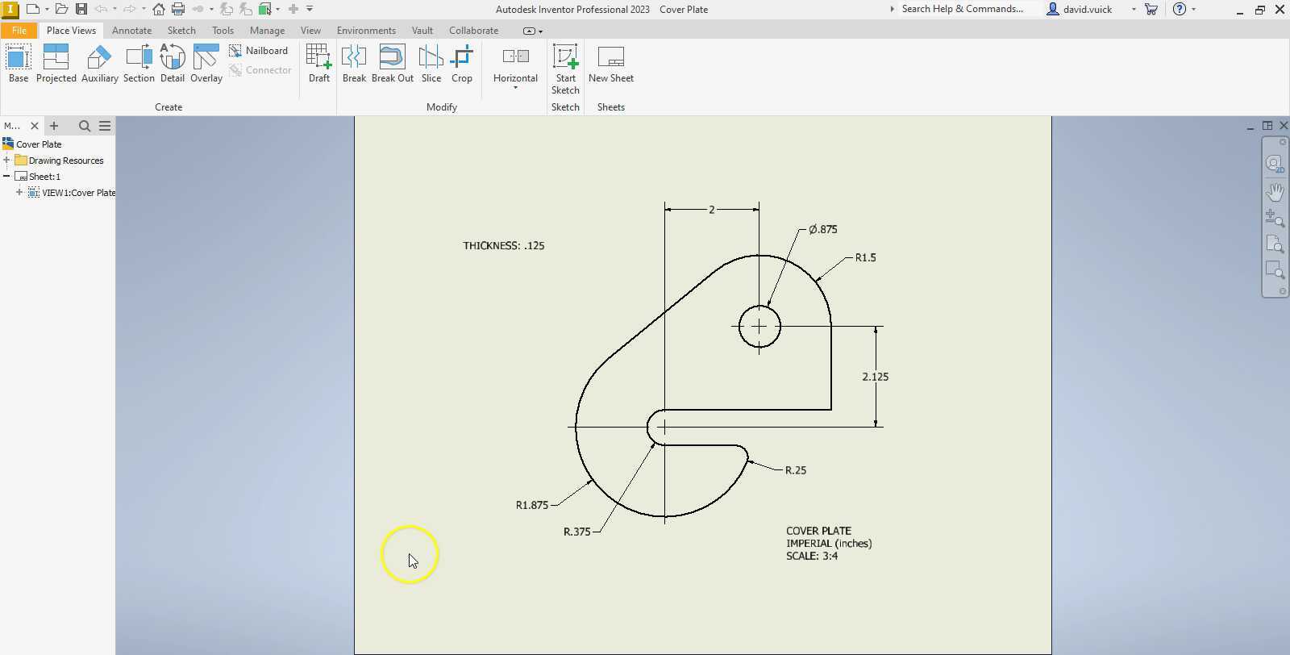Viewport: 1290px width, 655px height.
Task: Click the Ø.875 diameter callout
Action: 822,230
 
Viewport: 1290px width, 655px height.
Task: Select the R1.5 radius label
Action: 865,258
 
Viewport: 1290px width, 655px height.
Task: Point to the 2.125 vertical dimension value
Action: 875,377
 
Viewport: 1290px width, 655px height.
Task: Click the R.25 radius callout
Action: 795,470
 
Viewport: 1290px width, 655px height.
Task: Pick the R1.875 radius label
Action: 531,506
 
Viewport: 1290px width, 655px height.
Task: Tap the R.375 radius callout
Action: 576,532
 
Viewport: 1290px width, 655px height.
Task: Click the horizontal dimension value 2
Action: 711,210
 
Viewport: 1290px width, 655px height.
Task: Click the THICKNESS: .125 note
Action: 503,246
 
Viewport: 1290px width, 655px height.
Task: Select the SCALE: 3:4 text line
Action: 811,557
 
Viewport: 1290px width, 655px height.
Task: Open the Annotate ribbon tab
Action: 131,31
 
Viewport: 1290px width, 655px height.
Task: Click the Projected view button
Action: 56,64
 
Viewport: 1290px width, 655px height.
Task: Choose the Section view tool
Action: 139,64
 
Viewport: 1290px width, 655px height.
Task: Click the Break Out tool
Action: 392,64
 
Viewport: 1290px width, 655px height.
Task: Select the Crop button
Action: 461,64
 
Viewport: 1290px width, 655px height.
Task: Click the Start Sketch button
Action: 565,69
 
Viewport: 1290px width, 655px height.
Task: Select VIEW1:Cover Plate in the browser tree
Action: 78,193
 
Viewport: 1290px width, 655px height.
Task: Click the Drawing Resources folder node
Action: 65,161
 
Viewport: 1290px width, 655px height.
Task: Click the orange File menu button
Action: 19,31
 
